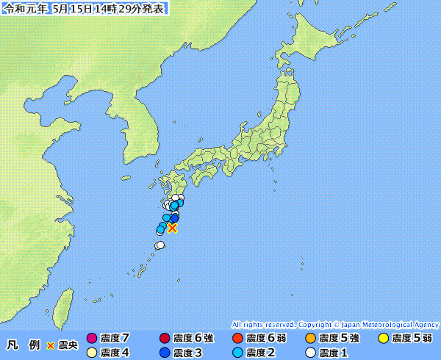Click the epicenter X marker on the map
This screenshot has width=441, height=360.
pyautogui.click(x=172, y=228)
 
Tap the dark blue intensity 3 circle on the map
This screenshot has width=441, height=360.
pyautogui.click(x=174, y=218)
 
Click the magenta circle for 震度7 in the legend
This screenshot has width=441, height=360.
pyautogui.click(x=92, y=339)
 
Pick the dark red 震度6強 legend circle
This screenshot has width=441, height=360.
pyautogui.click(x=164, y=339)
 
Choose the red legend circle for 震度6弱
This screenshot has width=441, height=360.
pyautogui.click(x=237, y=339)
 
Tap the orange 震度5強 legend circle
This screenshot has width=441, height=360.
pyautogui.click(x=310, y=339)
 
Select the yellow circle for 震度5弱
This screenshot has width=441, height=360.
pyautogui.click(x=382, y=339)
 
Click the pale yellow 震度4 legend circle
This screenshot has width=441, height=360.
pyautogui.click(x=92, y=353)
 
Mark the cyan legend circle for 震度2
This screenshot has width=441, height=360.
pyautogui.click(x=237, y=353)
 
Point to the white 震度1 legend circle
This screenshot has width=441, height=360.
pyautogui.click(x=310, y=353)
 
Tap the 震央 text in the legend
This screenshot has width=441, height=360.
pyautogui.click(x=68, y=345)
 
